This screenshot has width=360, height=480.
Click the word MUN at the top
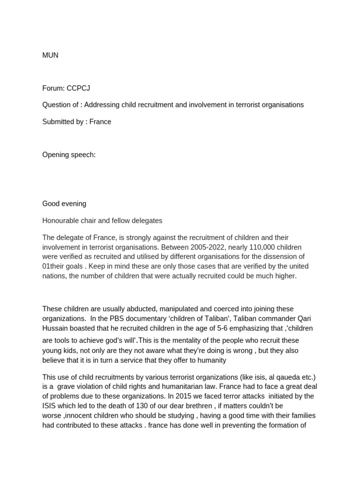pos(50,55)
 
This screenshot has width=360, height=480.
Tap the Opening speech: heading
pos(69,155)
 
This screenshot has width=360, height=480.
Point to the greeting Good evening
pos(64,204)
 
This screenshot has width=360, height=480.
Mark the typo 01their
pos(53,266)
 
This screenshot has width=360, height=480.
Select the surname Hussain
pos(55,329)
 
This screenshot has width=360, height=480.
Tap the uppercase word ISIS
pos(50,406)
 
